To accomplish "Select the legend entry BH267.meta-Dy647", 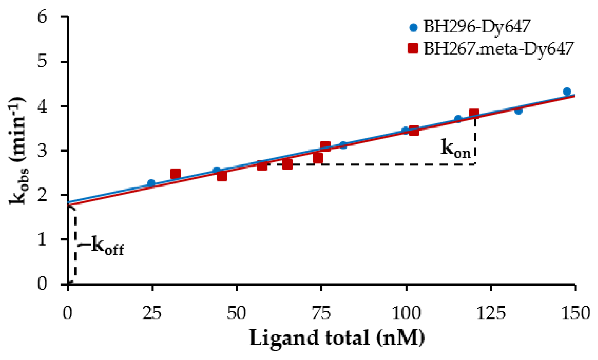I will (498, 48).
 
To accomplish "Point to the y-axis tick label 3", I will (42, 150).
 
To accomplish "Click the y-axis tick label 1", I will (42, 239).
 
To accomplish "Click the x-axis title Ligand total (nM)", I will (337, 338).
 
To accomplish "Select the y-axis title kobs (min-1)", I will (18, 150).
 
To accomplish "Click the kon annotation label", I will (455, 148).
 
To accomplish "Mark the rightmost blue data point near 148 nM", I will (567, 91).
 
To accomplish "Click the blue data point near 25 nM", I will (152, 183).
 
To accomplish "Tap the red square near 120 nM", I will (474, 113).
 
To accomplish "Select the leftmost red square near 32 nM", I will (176, 174).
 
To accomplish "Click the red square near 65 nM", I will (287, 164).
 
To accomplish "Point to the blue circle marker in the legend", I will (413, 28).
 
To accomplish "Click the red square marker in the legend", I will (413, 48).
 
